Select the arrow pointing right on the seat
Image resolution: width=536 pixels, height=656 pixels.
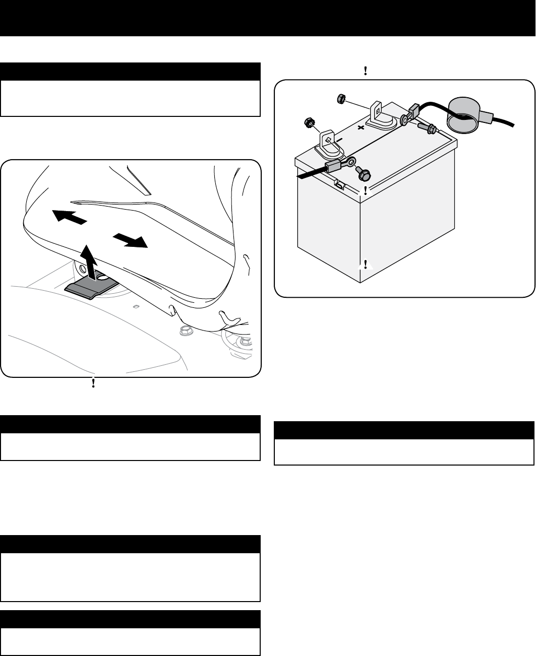point(131,240)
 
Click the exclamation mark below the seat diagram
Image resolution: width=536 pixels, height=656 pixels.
point(94,383)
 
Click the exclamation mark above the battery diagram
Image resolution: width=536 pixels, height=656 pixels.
point(365,72)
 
